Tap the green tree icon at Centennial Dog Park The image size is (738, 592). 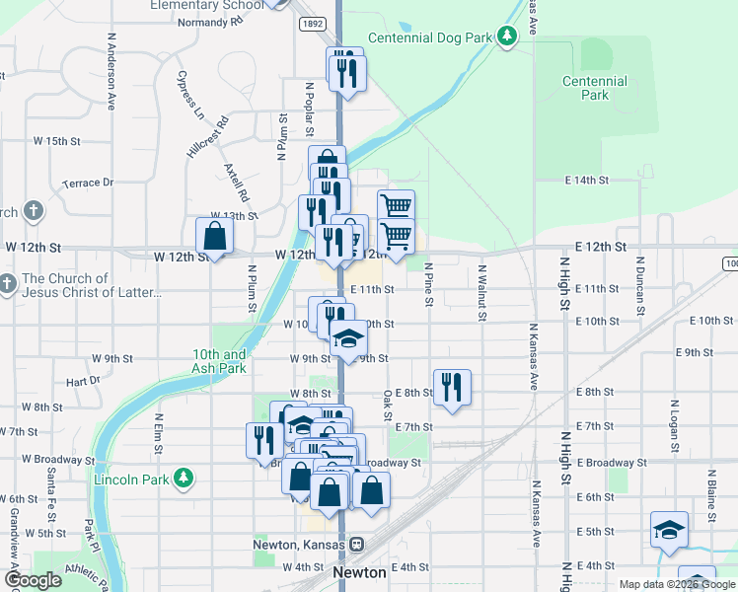click(x=507, y=37)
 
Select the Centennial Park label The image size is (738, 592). click(x=595, y=88)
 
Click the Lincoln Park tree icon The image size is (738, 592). click(x=183, y=480)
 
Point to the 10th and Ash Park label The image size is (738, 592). click(x=219, y=361)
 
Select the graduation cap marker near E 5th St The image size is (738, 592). click(x=669, y=529)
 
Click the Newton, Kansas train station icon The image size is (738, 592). click(x=357, y=545)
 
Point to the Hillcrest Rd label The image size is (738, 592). click(x=207, y=137)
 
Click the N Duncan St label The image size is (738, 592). click(x=639, y=278)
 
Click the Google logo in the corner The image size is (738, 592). click(x=32, y=580)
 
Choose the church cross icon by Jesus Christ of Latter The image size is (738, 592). click(x=8, y=284)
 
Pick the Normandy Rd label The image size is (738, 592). click(x=209, y=21)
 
